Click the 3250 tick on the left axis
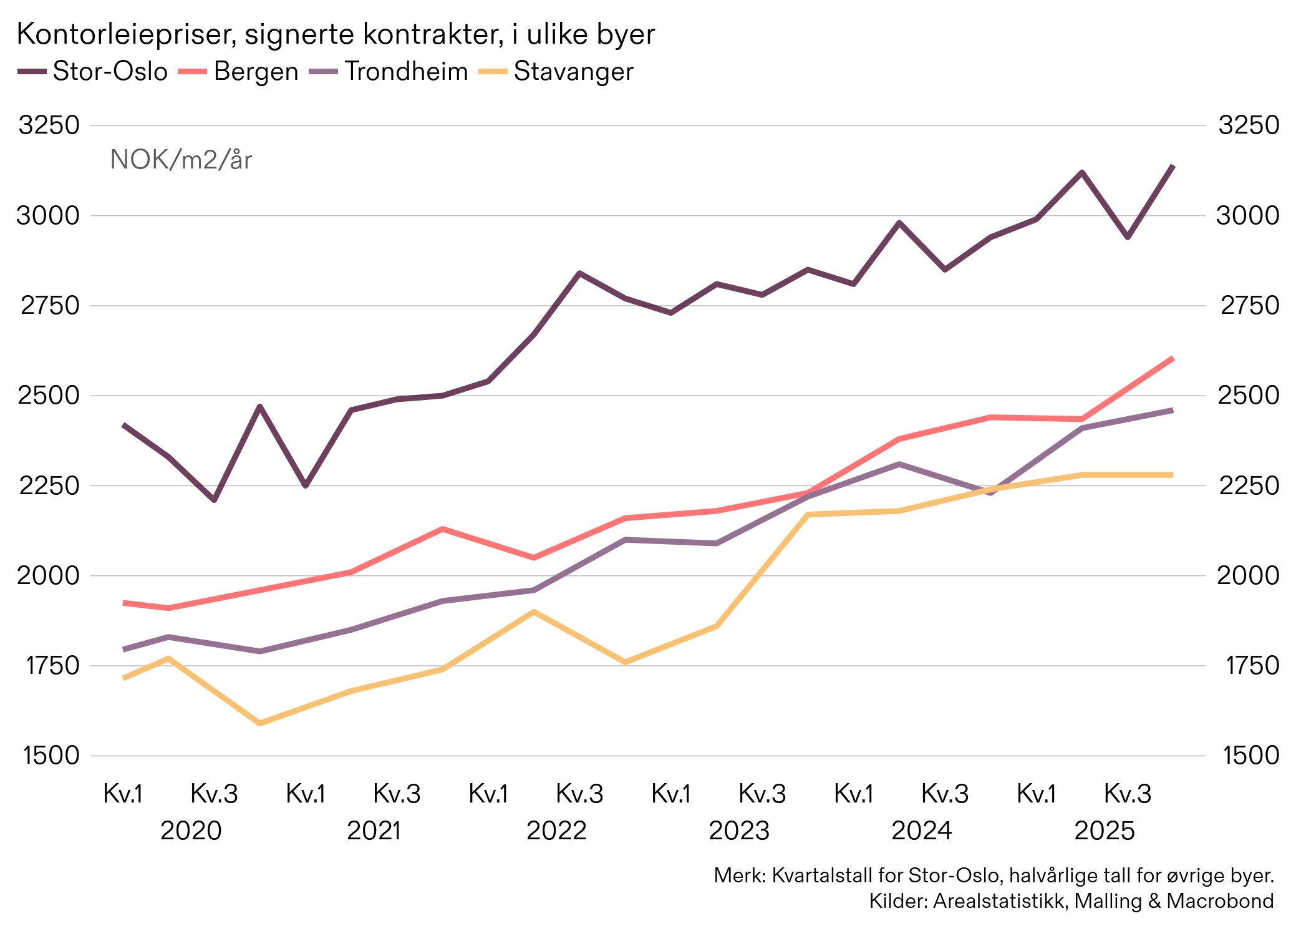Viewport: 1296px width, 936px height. [49, 125]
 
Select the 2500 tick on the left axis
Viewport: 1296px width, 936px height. [49, 395]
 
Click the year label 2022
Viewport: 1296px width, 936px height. [556, 831]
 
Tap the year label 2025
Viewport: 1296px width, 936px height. [1105, 831]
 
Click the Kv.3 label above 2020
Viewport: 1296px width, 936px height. [214, 794]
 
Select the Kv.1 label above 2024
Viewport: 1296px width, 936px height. [853, 794]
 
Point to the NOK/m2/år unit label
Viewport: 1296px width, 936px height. [181, 160]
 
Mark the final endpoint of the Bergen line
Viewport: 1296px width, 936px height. [1173, 358]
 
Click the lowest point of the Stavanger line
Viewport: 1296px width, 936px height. [260, 723]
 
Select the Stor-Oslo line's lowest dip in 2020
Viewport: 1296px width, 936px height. [214, 500]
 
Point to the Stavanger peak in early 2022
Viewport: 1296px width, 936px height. [534, 612]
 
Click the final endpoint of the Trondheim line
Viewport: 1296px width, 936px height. [1173, 410]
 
